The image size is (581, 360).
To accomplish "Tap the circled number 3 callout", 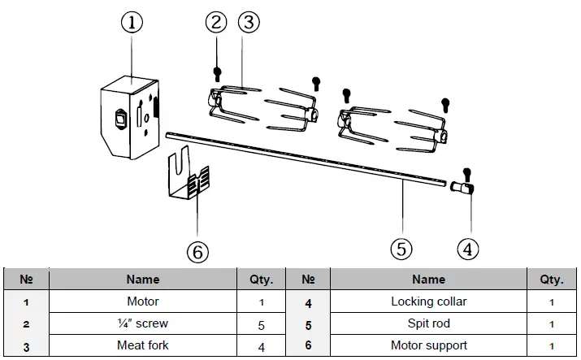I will tap(249, 22).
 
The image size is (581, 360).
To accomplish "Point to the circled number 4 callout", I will tap(466, 249).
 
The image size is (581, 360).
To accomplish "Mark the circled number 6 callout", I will tap(197, 251).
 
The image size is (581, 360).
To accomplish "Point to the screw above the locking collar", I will tap(466, 172).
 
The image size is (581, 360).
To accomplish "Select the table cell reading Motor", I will tap(143, 301).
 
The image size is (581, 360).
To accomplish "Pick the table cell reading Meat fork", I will tap(143, 345).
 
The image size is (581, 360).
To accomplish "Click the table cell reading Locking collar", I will tap(428, 301).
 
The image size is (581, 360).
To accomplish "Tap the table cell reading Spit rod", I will tap(428, 323).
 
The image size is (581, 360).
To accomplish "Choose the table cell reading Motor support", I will tap(428, 345).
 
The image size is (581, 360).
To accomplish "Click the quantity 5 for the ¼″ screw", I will tap(261, 323).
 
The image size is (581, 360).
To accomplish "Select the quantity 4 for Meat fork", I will tap(261, 345).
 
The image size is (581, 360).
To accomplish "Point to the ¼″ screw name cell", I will tap(143, 323).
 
